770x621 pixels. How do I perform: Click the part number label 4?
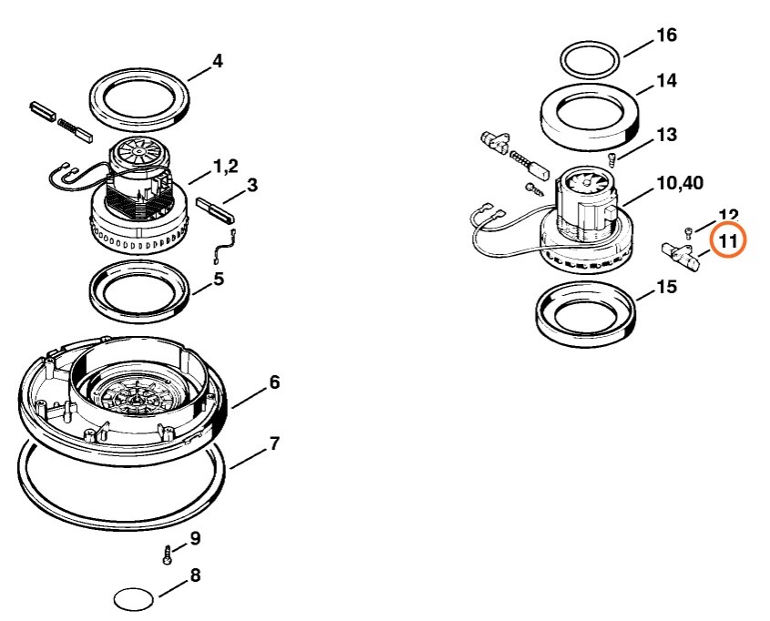click(217, 61)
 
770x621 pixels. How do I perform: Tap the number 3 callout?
click(252, 186)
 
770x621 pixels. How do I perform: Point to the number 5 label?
click(219, 279)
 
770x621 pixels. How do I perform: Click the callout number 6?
click(273, 383)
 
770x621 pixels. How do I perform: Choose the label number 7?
click(274, 444)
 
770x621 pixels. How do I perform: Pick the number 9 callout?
click(195, 538)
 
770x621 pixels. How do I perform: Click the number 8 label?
click(195, 576)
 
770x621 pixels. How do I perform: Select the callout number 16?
click(666, 36)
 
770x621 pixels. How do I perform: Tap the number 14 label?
click(666, 81)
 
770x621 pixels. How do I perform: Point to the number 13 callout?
click(666, 135)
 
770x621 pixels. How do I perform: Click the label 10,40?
click(679, 184)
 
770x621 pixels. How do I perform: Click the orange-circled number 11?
click(728, 241)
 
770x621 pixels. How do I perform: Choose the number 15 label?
click(666, 288)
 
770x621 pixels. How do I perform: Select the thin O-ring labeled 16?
click(590, 61)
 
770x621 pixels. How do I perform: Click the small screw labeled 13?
click(612, 159)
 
